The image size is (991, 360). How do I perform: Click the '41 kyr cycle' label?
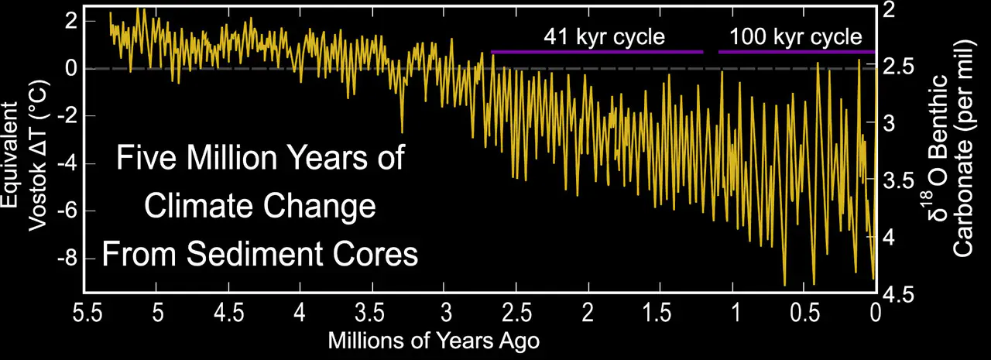point(604,36)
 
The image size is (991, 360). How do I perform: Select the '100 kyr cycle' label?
point(795,36)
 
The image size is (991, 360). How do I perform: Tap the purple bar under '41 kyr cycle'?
point(596,52)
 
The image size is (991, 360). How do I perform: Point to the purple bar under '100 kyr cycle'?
point(796,52)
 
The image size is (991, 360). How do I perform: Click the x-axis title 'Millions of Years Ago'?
point(433,340)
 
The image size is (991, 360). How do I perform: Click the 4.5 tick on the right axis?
point(896,295)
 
